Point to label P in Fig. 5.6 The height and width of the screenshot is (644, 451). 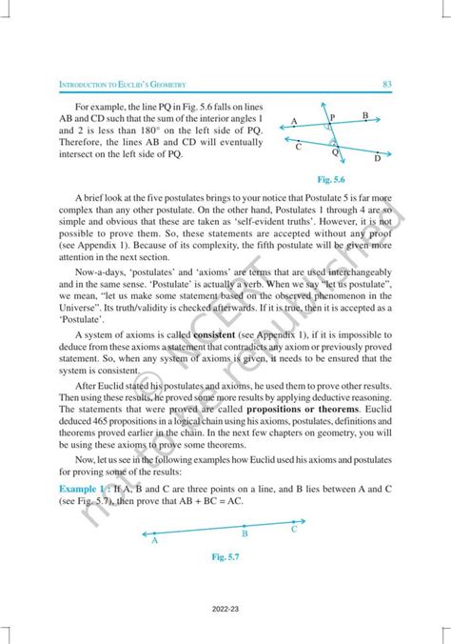click(332, 116)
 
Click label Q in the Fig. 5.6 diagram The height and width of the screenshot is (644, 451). click(335, 151)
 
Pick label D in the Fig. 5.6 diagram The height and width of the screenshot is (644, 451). click(378, 158)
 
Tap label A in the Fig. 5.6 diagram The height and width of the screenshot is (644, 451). click(295, 121)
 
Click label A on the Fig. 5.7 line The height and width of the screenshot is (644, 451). click(155, 540)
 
